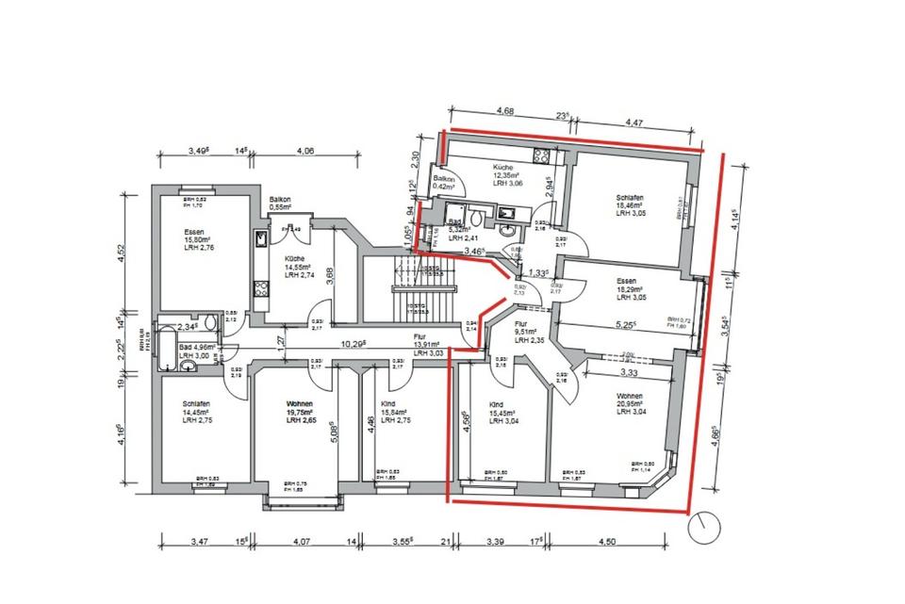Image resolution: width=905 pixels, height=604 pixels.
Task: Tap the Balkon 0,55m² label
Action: (280, 204)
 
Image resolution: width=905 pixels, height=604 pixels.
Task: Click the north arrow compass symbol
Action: (704, 528)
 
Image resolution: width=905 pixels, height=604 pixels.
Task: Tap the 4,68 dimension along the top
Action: (503, 111)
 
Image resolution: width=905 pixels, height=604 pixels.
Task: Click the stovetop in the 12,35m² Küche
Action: (541, 155)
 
